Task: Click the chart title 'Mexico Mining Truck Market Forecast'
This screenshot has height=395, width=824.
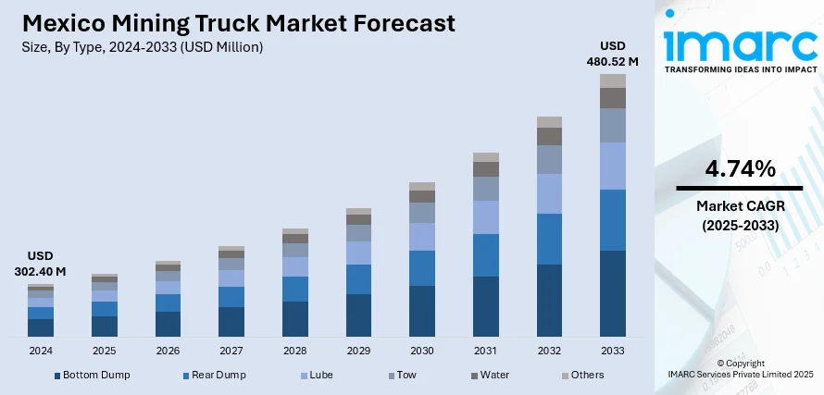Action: pos(239,22)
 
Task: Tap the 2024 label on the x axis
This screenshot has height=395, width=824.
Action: pos(41,352)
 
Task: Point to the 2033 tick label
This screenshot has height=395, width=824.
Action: pos(613,352)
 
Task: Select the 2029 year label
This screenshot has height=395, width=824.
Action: pos(358,352)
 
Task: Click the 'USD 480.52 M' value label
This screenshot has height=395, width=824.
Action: pos(613,53)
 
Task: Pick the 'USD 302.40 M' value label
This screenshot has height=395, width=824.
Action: pos(41,264)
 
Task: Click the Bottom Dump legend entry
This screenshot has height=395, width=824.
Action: pos(92,375)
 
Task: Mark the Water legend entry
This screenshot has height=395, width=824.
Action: pos(492,375)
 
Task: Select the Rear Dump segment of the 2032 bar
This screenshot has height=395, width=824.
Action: pos(549,239)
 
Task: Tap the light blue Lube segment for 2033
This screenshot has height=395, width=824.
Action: pos(613,166)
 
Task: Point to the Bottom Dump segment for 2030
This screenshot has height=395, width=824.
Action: pos(422,310)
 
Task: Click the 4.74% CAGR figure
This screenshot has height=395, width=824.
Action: pos(740,169)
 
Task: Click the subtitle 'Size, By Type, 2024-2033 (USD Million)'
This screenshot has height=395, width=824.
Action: pos(143,46)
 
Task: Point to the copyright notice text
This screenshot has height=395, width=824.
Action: pos(740,368)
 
